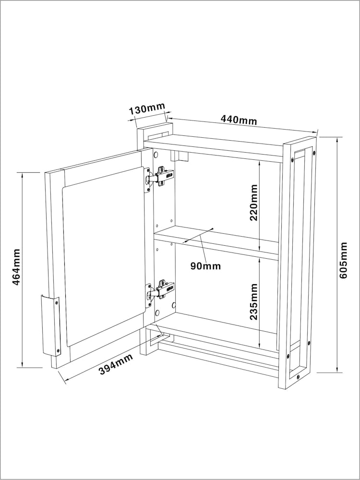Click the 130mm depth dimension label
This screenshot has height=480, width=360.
146,109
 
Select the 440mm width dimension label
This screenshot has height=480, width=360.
239,120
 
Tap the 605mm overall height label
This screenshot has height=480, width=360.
344,260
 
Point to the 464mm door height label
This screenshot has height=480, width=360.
16,266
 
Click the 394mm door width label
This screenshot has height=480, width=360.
116,364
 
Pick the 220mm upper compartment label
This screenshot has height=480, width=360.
254,203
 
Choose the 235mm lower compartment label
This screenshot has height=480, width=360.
254,302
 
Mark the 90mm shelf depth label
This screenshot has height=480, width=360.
206,266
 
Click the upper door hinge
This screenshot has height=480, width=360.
159,179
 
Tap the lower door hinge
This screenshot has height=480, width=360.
159,293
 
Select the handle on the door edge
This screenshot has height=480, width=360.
50,326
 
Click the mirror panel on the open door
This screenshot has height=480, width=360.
104,256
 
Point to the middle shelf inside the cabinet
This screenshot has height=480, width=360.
216,243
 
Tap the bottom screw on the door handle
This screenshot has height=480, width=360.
57,349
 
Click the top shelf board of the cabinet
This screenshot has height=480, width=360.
214,148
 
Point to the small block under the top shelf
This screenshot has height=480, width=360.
179,156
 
